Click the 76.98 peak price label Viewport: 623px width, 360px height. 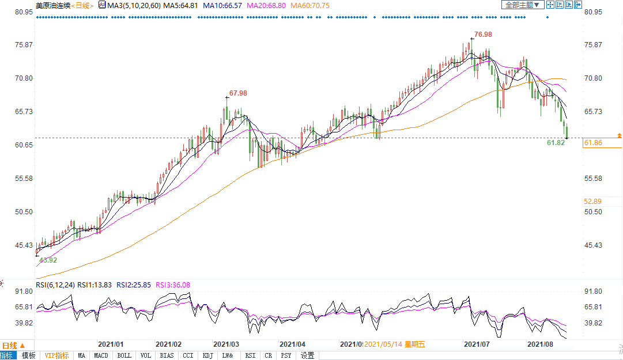point(483,35)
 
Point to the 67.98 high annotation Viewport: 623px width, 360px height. point(238,93)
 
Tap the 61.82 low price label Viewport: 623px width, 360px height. point(556,142)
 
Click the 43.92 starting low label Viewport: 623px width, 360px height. point(48,260)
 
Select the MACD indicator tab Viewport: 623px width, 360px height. point(101,355)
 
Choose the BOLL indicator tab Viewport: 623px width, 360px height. point(124,355)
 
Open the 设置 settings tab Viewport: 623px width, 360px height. point(308,355)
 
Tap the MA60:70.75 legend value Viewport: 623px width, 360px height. point(309,5)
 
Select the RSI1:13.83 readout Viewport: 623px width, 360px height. point(94,285)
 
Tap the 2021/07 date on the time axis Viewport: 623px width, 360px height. point(478,344)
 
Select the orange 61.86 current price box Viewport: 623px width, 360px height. point(602,143)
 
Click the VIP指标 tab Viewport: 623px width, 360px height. point(57,355)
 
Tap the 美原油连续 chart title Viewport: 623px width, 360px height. point(51,5)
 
